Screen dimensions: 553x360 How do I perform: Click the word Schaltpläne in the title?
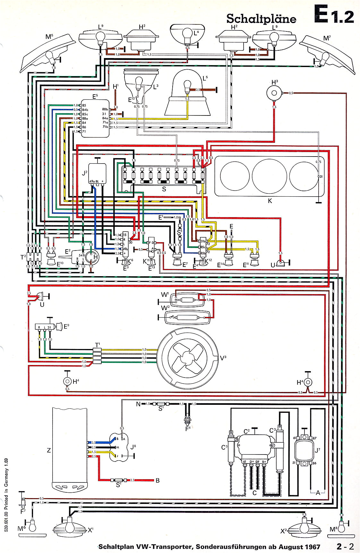point(261,19)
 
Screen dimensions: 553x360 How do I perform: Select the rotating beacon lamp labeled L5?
point(187,96)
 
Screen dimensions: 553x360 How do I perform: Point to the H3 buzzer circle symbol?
point(274,93)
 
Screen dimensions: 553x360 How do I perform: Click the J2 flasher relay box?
point(98,174)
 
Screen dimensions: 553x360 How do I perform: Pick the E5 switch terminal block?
point(95,118)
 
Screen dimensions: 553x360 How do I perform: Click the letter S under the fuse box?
point(164,189)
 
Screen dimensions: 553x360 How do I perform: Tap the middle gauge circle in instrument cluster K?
point(269,176)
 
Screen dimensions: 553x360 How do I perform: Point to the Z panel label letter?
point(49,450)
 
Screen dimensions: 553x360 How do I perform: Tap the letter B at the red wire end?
point(158,481)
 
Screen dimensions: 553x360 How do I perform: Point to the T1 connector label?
point(98,345)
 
